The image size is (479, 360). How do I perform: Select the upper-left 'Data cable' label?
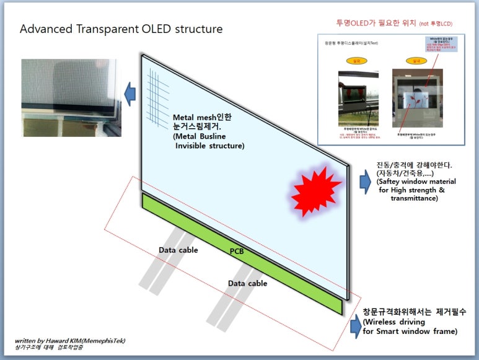(x=178, y=250)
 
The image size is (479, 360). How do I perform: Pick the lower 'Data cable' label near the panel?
(x=247, y=283)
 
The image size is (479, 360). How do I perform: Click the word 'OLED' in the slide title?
(x=156, y=29)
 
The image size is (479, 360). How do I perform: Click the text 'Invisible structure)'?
(x=209, y=146)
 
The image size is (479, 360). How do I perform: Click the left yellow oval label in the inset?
(x=356, y=61)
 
